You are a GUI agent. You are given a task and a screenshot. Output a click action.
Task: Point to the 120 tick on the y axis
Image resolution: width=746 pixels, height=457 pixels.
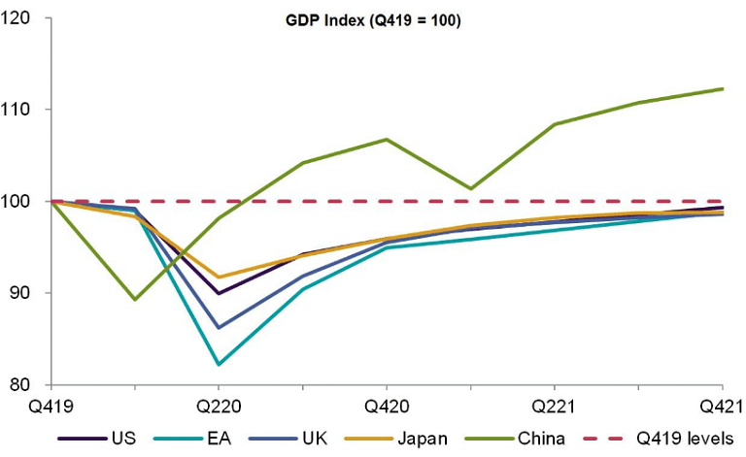coord(18,17)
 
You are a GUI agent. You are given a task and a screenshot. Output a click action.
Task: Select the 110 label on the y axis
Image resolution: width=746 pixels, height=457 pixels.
coord(18,110)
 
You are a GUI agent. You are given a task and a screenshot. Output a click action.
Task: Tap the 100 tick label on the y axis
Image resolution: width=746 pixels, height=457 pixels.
coord(18,202)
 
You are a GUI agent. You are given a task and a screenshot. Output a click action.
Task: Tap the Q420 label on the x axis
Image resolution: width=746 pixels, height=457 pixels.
coord(387,407)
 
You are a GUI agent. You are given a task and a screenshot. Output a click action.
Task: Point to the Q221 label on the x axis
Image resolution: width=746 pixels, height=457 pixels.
coord(555,407)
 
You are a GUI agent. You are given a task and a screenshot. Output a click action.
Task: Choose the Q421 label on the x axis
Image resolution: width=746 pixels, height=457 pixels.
coord(723,407)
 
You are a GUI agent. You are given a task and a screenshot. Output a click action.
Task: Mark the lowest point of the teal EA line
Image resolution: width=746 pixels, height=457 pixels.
coord(219,365)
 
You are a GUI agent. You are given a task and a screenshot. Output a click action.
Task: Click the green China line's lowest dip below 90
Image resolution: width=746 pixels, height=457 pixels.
coord(134,300)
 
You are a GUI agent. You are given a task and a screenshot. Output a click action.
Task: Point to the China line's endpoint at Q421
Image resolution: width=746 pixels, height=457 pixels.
coord(723,88)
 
